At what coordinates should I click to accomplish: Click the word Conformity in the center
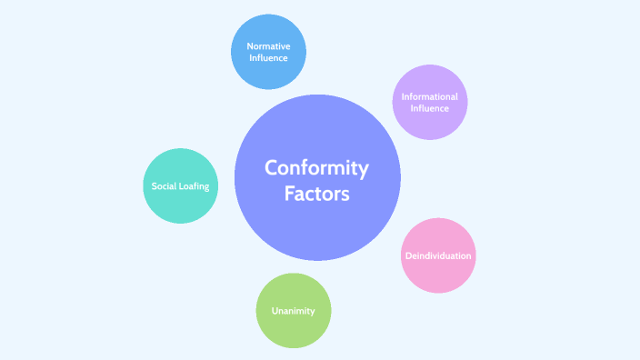click(317, 168)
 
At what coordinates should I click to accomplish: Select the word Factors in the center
click(317, 194)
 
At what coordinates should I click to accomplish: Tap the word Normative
click(268, 45)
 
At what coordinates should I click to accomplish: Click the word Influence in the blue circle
click(268, 57)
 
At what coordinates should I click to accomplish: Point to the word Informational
click(430, 96)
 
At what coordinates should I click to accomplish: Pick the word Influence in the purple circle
click(430, 108)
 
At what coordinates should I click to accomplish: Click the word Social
click(164, 186)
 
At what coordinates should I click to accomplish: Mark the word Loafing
click(195, 186)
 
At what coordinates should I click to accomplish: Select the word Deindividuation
click(438, 255)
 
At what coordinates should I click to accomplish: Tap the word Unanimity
click(294, 311)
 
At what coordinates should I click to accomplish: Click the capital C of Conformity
click(272, 168)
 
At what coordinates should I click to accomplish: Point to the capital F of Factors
click(289, 194)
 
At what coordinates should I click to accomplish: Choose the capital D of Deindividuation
click(407, 255)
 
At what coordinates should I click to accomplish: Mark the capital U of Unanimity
click(275, 311)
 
